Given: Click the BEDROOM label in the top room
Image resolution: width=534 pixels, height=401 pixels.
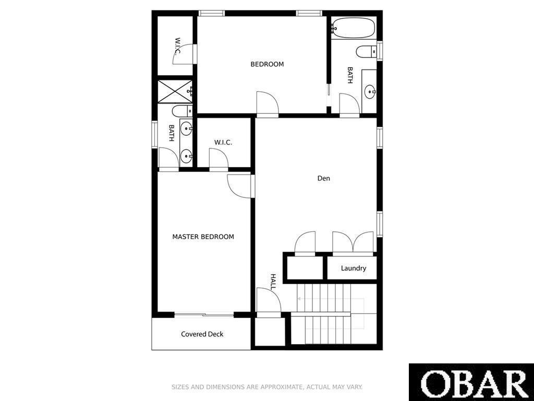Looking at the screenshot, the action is [x=267, y=64].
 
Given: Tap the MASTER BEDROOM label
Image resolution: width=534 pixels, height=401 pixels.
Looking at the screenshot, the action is [x=203, y=237].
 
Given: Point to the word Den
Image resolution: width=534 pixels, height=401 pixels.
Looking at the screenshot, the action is [x=323, y=178].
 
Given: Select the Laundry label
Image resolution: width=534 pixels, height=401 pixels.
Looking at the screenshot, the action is [x=354, y=268].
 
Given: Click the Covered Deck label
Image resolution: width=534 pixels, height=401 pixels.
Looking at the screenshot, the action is [x=202, y=334].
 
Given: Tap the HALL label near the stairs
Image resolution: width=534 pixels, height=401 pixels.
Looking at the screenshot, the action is [x=273, y=282].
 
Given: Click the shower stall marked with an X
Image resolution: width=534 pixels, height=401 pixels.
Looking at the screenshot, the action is [x=175, y=91].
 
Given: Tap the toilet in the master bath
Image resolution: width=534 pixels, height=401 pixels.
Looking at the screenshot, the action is [x=182, y=111].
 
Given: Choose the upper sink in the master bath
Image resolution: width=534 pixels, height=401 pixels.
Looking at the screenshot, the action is [x=186, y=128].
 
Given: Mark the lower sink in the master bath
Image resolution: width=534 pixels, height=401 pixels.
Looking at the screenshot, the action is [x=186, y=157].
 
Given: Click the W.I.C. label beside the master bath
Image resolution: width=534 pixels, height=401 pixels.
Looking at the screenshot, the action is [x=223, y=143].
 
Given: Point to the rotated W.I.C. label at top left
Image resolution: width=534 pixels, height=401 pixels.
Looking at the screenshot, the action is [x=177, y=46].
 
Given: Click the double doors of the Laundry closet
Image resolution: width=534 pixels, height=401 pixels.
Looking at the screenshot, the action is [x=353, y=243].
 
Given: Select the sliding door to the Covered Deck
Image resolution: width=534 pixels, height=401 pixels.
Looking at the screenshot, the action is [x=204, y=314].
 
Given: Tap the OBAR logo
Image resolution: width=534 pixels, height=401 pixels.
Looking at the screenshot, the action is [x=471, y=382].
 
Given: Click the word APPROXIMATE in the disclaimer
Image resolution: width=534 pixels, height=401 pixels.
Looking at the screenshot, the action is [x=282, y=387].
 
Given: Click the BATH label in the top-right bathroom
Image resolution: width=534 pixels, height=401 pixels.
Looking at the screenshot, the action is [x=350, y=75].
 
